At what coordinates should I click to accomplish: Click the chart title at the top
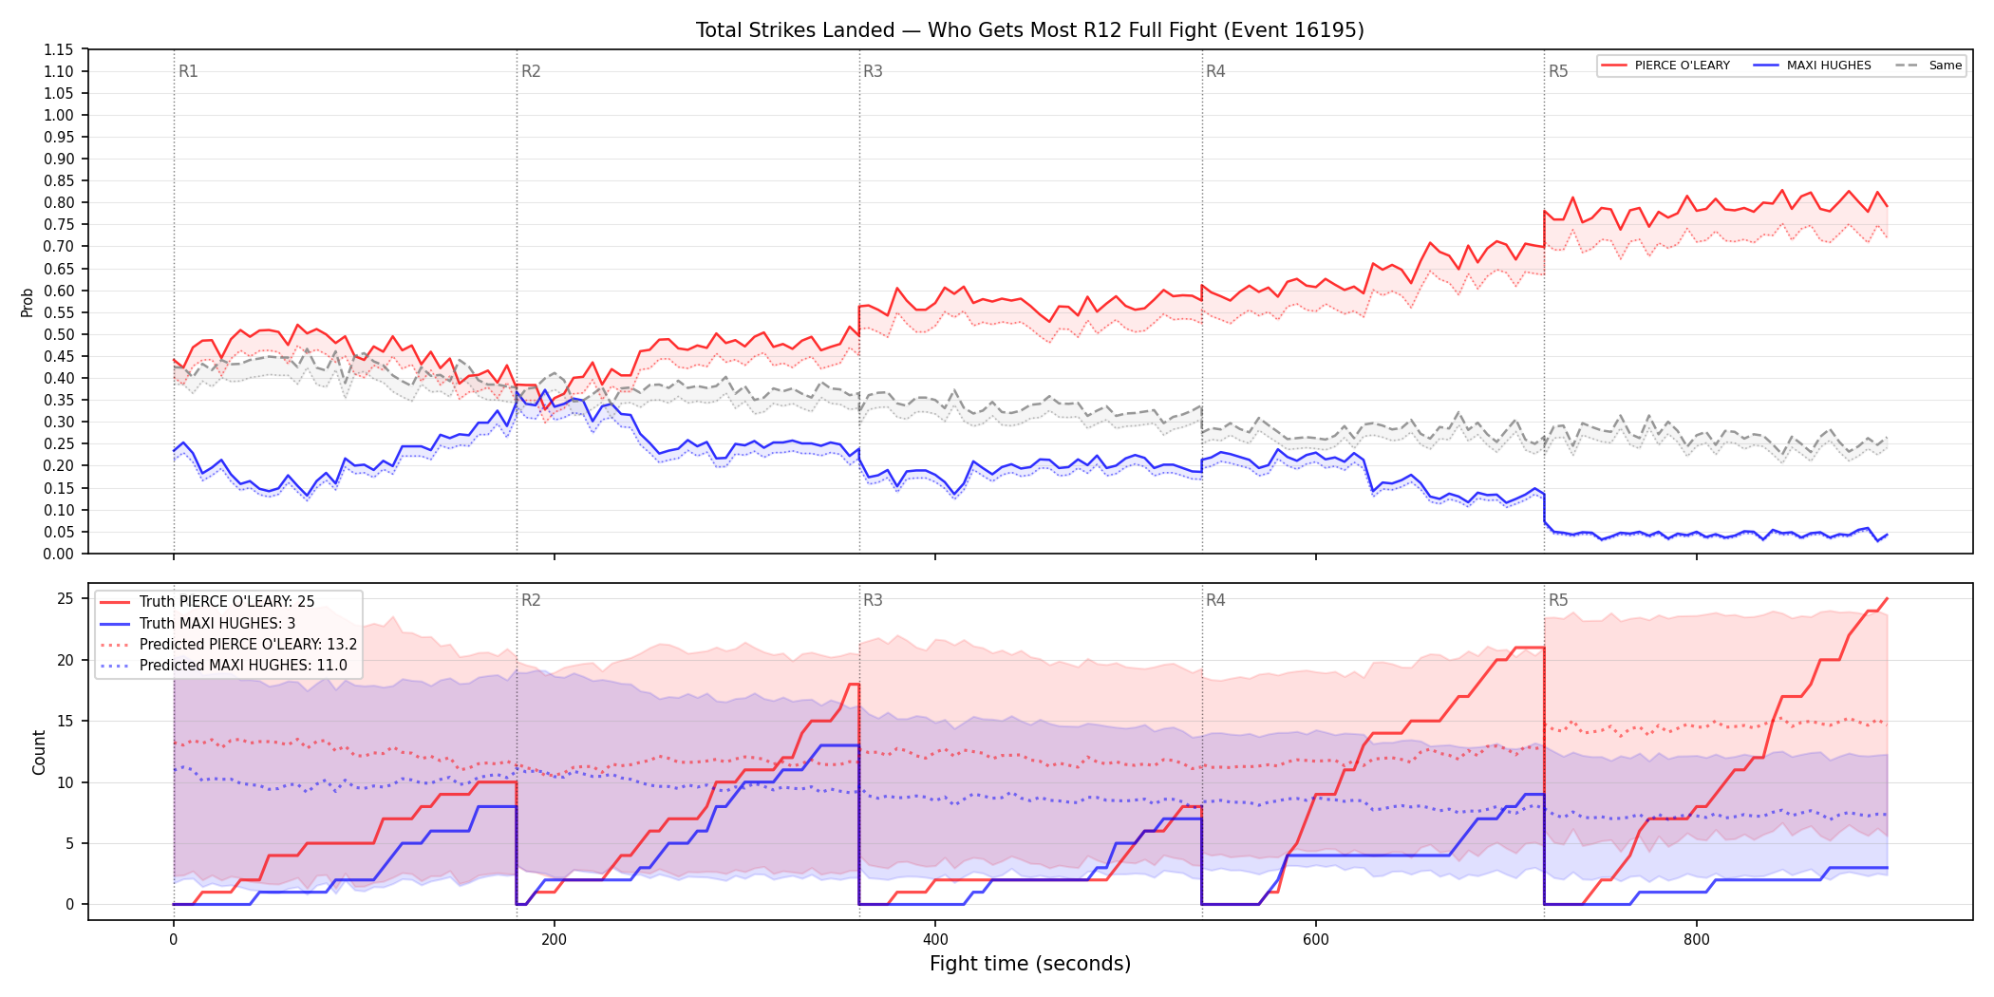tap(1029, 30)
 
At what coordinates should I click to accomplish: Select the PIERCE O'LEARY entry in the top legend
tap(1665, 66)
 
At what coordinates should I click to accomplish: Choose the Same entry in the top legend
tap(1928, 66)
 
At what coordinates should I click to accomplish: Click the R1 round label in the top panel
tap(188, 71)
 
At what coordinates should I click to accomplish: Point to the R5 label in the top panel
tap(1558, 71)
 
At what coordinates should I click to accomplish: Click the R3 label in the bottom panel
tap(873, 600)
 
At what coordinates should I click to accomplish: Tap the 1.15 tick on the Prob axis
tap(59, 49)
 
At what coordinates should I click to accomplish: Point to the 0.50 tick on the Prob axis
tap(59, 334)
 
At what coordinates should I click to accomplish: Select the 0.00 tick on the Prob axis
tap(59, 554)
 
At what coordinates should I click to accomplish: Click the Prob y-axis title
tap(28, 302)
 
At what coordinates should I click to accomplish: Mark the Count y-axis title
tap(39, 752)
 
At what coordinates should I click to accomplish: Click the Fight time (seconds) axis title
tap(1030, 964)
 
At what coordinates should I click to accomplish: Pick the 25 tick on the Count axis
tap(66, 598)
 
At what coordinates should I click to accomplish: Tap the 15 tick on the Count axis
tap(66, 721)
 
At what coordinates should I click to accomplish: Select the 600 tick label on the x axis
tap(1316, 940)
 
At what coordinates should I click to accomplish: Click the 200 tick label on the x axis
tap(554, 940)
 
